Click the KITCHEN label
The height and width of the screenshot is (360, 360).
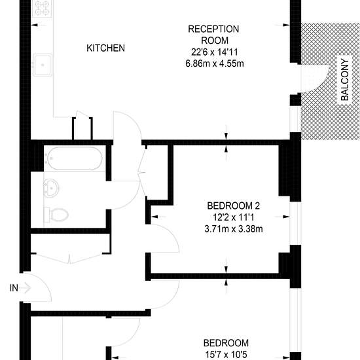105,48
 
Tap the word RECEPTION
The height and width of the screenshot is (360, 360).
213,29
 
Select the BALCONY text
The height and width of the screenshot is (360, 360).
344,80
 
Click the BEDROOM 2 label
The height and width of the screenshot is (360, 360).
233,206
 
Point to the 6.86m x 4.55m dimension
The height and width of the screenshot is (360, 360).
215,63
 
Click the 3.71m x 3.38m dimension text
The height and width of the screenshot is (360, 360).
234,229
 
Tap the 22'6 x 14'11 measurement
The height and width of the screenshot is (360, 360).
215,52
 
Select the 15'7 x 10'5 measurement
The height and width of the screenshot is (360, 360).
226,355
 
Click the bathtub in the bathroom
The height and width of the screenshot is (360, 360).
75,158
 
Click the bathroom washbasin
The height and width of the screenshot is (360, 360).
51,189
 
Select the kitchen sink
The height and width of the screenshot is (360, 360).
43,65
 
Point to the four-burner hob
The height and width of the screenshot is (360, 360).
42,9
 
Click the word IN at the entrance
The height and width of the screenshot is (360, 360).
14,288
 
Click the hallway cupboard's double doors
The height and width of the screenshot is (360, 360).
70,259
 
